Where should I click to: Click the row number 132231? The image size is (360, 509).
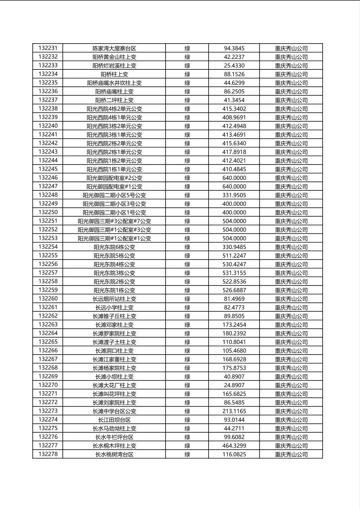[x=48, y=48]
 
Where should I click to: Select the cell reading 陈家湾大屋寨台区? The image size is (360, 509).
[x=114, y=48]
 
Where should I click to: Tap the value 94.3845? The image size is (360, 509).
[x=234, y=48]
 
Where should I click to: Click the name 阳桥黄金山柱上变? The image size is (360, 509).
[x=114, y=57]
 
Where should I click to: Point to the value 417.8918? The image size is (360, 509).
[x=234, y=152]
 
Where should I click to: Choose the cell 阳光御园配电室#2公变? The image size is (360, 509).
[x=114, y=178]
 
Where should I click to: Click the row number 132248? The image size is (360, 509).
[x=48, y=195]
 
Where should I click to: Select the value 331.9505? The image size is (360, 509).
[x=234, y=195]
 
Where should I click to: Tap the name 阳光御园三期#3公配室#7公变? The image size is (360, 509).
[x=114, y=221]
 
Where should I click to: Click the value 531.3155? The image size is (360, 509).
[x=234, y=273]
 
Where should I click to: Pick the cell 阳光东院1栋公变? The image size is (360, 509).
[x=114, y=290]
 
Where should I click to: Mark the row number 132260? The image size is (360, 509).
[x=48, y=298]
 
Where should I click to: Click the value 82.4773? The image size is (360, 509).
[x=234, y=307]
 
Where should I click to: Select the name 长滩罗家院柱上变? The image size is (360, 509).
[x=114, y=334]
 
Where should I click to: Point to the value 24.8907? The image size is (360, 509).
[x=234, y=385]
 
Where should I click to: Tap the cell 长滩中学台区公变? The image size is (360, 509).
[x=114, y=411]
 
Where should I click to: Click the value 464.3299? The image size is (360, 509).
[x=234, y=446]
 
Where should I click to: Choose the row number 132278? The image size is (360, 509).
[x=48, y=454]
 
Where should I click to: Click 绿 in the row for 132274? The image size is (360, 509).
[x=187, y=420]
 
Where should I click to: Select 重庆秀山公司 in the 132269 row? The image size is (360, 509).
[x=291, y=377]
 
